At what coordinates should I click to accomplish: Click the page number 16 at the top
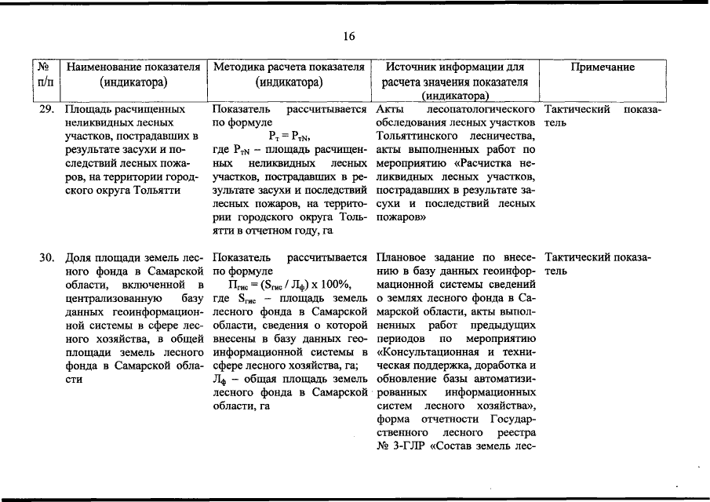click(349, 36)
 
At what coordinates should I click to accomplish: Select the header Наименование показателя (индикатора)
click(130, 75)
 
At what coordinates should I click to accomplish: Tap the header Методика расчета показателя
click(289, 67)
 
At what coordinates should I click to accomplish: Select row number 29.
click(47, 109)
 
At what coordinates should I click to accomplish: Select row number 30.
click(47, 256)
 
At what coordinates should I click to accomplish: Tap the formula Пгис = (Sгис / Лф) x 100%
click(289, 284)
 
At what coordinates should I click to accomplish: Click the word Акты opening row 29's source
click(389, 109)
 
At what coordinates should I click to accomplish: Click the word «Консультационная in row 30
click(429, 351)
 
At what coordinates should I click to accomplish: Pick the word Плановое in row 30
click(403, 256)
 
